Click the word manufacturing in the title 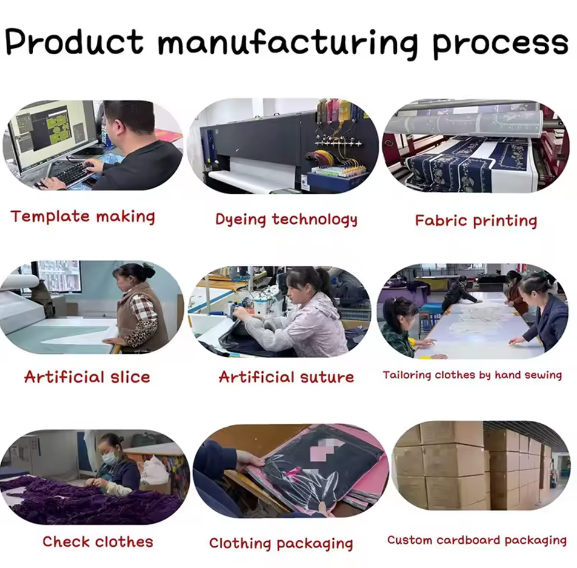(287, 44)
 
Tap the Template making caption (83, 216)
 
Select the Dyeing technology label (286, 219)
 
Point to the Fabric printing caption (476, 221)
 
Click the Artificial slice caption (87, 377)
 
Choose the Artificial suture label (286, 377)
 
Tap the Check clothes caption (97, 542)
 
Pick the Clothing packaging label (281, 543)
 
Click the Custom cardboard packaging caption (477, 540)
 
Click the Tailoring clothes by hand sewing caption (472, 375)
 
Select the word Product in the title (75, 41)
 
